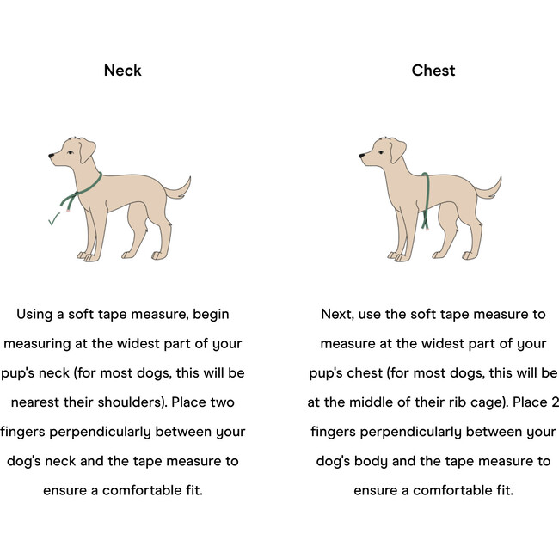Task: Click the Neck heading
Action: [123, 71]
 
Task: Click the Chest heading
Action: [433, 71]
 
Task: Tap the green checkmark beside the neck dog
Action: [54, 219]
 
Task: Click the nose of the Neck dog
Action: [51, 156]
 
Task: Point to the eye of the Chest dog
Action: [381, 152]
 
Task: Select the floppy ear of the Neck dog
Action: [87, 150]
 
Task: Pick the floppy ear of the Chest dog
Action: [397, 150]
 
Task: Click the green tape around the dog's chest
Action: [427, 200]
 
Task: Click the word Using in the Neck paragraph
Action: [34, 315]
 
